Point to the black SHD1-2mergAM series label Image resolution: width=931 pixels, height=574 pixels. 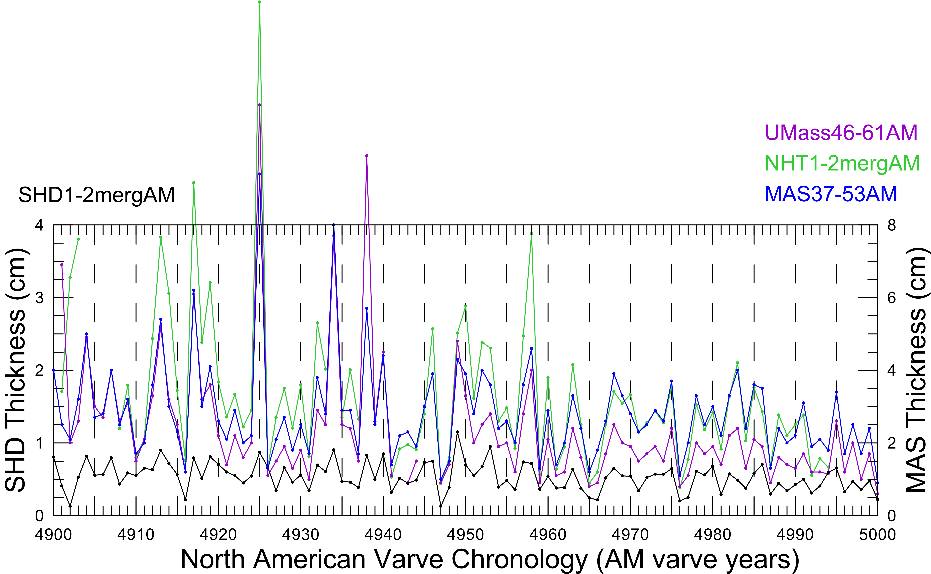coord(96,195)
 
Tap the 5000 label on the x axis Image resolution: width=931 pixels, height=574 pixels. coord(877,535)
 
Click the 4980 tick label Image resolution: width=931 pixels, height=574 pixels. coord(712,535)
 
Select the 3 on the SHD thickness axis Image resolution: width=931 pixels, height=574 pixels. coord(39,298)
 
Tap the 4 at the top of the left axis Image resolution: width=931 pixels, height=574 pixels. coord(39,225)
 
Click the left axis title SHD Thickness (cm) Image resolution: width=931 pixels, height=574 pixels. coord(16,370)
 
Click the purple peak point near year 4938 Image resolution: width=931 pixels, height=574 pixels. coord(366,156)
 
